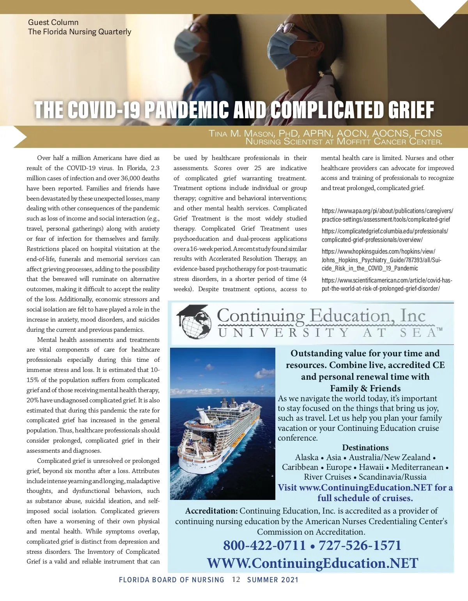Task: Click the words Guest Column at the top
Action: tap(53, 22)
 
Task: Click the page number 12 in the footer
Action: tap(236, 580)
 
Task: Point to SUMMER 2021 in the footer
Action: tap(273, 580)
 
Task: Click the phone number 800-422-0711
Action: tap(264, 545)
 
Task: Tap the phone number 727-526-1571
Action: tap(360, 545)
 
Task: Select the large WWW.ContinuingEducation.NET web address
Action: tap(312, 563)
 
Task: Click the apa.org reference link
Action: tap(387, 215)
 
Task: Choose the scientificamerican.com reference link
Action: tap(386, 284)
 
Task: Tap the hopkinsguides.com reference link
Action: tap(381, 260)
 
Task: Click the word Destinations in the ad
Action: tap(365, 448)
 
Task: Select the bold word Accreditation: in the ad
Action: tap(211, 511)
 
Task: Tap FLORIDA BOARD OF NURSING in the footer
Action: tap(172, 580)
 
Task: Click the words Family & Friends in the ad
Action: tap(365, 388)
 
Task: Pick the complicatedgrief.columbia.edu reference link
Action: tap(385, 235)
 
